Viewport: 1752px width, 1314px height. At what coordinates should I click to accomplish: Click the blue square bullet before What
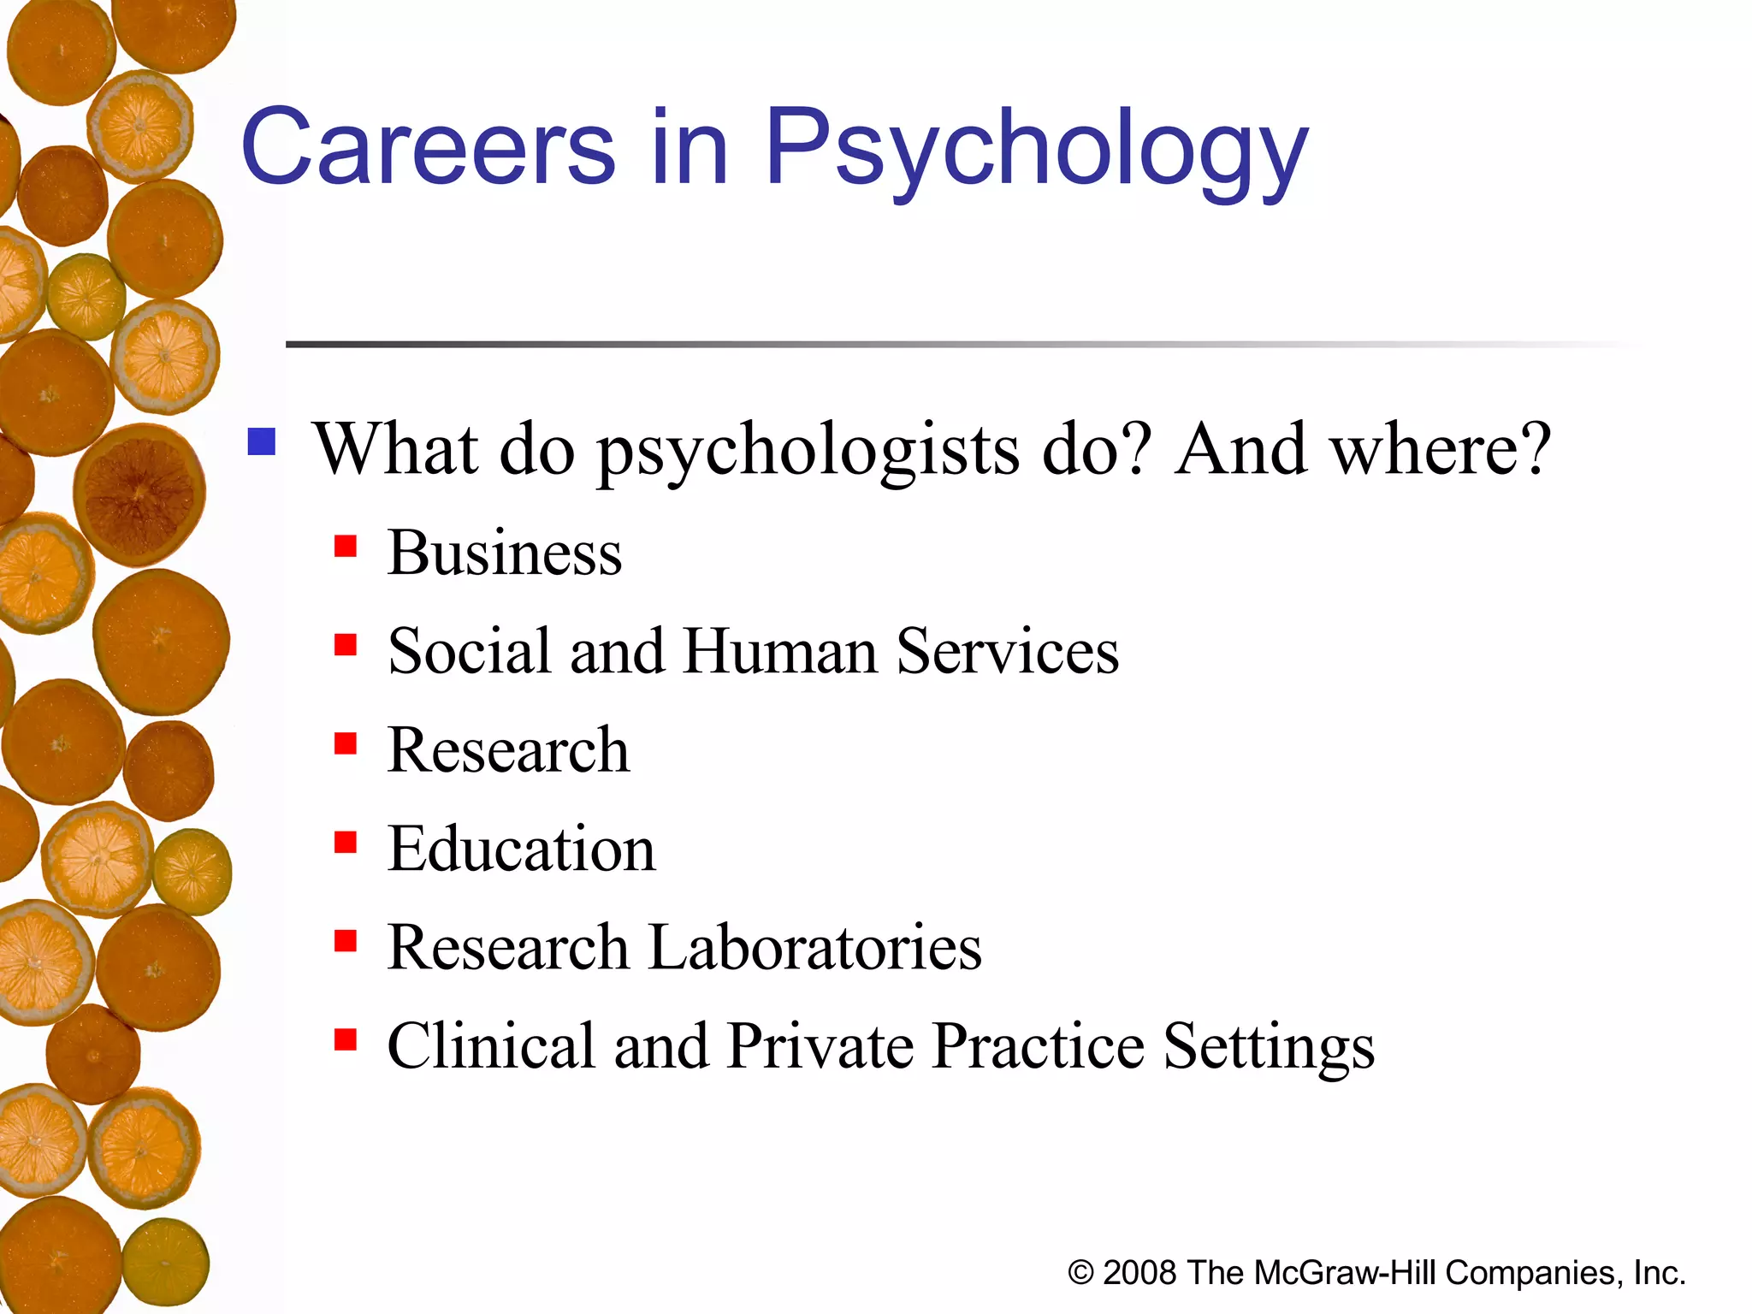click(x=262, y=442)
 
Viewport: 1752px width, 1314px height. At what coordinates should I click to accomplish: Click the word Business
click(x=505, y=553)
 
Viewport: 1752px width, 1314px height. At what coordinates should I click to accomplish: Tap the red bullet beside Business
click(x=346, y=546)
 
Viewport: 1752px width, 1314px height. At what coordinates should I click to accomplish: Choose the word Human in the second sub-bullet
click(x=780, y=652)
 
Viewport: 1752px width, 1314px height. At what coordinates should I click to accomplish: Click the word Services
click(x=1008, y=652)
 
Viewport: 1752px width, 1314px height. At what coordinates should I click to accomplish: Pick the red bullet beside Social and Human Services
click(x=346, y=644)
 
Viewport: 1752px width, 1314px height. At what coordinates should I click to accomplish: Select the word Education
click(x=522, y=849)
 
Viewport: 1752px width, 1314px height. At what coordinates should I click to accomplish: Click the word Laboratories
click(x=815, y=948)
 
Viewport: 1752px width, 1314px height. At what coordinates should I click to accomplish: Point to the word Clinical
click(x=491, y=1046)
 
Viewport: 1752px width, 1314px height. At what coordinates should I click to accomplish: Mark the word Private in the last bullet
click(x=820, y=1046)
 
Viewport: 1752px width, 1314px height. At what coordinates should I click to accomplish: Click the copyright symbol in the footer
click(x=1080, y=1273)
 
